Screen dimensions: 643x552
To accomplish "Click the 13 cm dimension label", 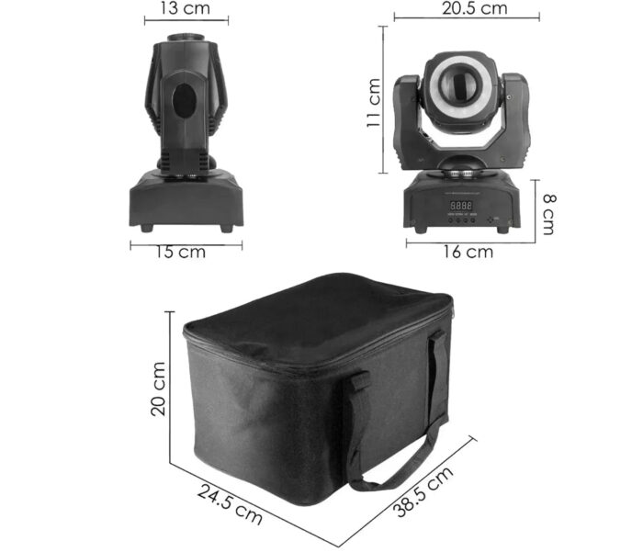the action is [x=186, y=8].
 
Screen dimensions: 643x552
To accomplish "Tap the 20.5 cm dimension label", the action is [x=475, y=7].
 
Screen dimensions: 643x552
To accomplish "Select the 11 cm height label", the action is [x=373, y=103].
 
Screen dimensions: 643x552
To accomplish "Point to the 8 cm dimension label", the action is [x=548, y=214].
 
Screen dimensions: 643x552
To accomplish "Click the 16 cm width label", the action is [x=468, y=252].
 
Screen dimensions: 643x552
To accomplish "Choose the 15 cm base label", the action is [x=180, y=252].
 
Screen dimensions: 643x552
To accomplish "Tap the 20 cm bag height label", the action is [x=158, y=389].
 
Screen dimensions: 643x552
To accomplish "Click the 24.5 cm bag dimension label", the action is [x=230, y=504].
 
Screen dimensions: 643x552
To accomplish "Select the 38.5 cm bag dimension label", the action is [x=423, y=491].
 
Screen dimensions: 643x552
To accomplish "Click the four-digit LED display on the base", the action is [x=461, y=205].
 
